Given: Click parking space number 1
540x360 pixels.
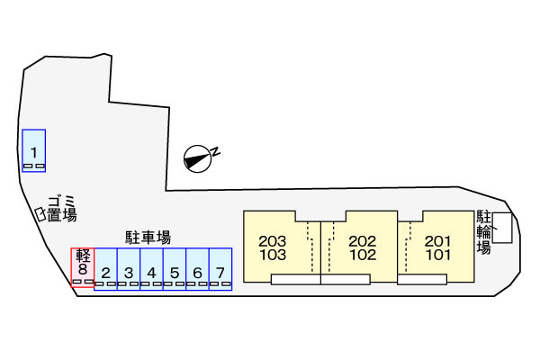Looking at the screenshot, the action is click(34, 150).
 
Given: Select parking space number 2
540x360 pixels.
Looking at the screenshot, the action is click(105, 269).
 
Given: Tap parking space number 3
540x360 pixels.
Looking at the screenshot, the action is click(129, 269).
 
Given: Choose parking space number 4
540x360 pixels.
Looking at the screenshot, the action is click(151, 269).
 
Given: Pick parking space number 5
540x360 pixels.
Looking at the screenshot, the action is click(175, 269).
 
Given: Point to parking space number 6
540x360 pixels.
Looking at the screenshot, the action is click(197, 269).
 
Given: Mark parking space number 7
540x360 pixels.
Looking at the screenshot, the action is click(220, 269).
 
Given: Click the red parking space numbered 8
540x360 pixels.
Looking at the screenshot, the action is click(83, 267).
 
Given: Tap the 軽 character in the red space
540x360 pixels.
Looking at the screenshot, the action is click(83, 256).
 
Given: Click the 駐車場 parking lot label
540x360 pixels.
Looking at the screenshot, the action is click(148, 238).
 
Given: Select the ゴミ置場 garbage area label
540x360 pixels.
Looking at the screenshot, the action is click(62, 209).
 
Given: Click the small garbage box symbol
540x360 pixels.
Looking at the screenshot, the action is click(40, 214).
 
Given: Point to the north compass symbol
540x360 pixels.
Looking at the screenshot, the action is click(197, 158).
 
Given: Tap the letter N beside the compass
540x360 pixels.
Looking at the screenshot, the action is click(215, 151).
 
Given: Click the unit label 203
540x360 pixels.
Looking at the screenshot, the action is click(273, 241).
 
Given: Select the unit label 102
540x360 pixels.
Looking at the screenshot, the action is click(363, 255).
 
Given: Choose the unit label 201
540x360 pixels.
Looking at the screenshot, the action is click(437, 241).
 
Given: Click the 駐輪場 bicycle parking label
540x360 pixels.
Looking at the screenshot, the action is click(483, 232).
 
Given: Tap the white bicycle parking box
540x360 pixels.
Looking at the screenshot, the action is click(502, 228).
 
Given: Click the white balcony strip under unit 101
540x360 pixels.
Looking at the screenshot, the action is click(422, 279).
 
